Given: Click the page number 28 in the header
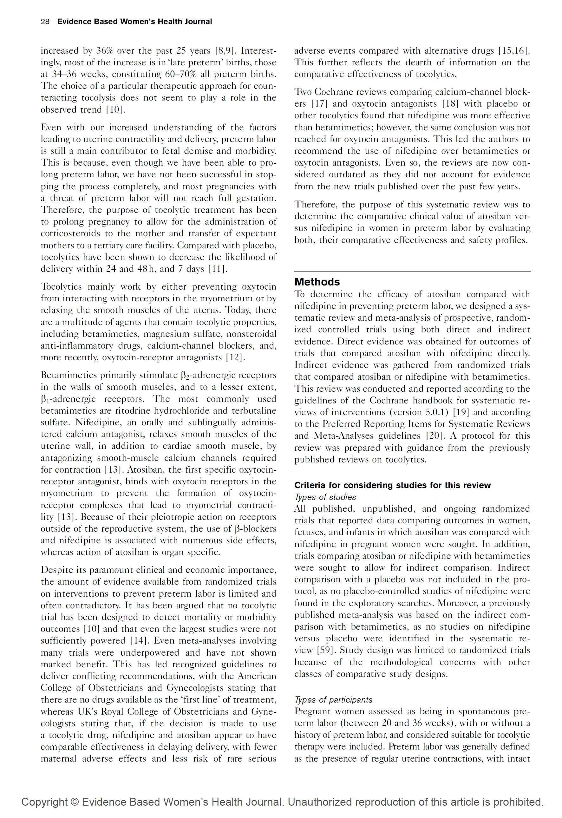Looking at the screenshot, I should click(x=45, y=22).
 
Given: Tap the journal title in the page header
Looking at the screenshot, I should click(x=134, y=22).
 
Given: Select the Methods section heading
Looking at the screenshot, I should click(x=317, y=282).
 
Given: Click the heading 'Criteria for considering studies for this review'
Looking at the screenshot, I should click(x=392, y=485).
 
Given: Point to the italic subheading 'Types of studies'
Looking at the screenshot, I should click(x=325, y=497).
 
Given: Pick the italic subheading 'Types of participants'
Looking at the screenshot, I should click(x=333, y=700).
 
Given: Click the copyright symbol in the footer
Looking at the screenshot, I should click(x=74, y=802).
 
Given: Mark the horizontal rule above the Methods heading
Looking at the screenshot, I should click(x=412, y=271).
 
